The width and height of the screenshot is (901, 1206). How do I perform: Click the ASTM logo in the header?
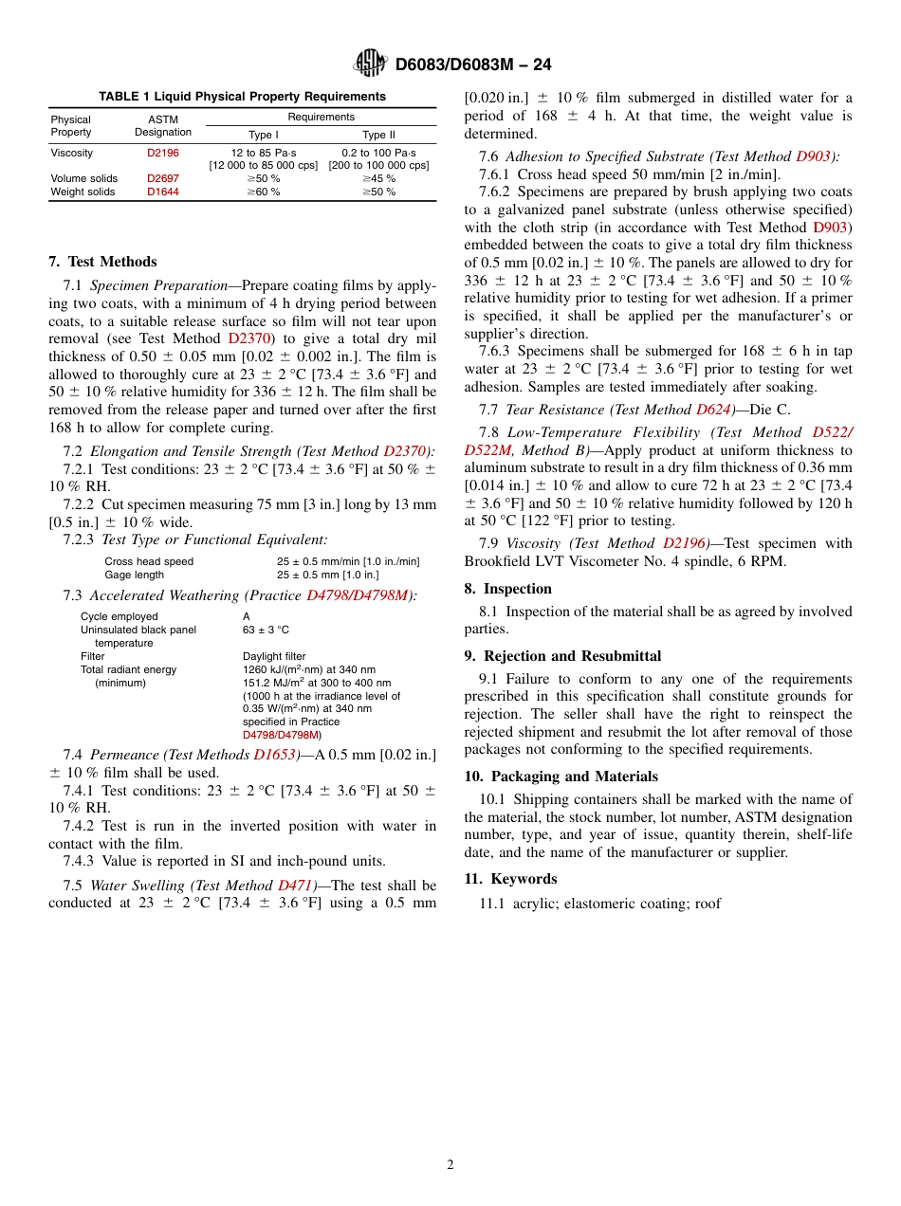click(x=371, y=64)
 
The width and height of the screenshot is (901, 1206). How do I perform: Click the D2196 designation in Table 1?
click(x=162, y=152)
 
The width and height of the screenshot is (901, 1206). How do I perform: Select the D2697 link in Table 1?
click(x=162, y=178)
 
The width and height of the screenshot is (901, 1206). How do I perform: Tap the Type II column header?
click(x=378, y=135)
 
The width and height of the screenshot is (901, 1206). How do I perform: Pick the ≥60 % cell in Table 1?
click(x=264, y=192)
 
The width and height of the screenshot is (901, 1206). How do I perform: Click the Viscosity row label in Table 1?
click(x=72, y=152)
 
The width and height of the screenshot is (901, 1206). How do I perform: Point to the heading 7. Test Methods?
click(x=102, y=262)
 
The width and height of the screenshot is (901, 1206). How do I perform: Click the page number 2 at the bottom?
click(x=450, y=1164)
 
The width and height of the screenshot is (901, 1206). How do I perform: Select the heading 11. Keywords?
click(x=510, y=879)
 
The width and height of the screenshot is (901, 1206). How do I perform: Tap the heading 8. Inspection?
click(x=507, y=589)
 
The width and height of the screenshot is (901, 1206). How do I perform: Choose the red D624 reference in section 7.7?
click(x=713, y=410)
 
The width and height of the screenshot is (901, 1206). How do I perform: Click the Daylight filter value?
click(x=274, y=656)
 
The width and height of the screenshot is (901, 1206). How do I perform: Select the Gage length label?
click(x=134, y=575)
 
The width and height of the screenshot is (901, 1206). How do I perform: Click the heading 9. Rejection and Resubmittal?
click(x=562, y=656)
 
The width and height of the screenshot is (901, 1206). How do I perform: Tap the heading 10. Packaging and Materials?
click(x=561, y=777)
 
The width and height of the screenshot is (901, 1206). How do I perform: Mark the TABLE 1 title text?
click(x=242, y=97)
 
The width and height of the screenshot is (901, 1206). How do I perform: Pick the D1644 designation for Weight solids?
click(x=162, y=192)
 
